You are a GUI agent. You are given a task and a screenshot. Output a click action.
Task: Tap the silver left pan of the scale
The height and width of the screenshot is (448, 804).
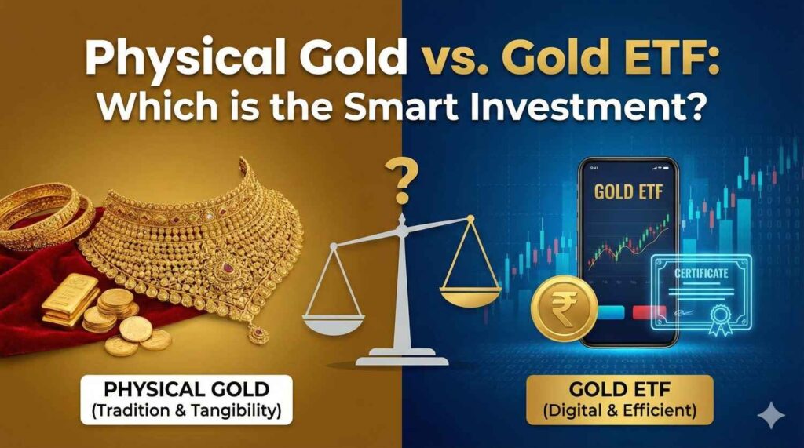pyautogui.click(x=333, y=324)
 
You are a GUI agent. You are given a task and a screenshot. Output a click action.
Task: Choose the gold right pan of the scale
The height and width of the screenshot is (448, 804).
pyautogui.click(x=470, y=297)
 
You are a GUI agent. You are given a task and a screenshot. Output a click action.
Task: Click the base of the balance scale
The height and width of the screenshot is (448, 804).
pyautogui.click(x=402, y=356)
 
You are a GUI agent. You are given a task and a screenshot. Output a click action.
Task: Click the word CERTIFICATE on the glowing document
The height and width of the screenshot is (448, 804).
pyautogui.click(x=701, y=273)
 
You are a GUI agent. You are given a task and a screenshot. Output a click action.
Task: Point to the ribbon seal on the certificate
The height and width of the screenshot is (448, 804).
pyautogui.click(x=721, y=319)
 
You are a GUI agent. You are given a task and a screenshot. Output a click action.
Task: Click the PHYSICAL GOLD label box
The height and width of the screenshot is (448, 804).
pyautogui.click(x=187, y=400)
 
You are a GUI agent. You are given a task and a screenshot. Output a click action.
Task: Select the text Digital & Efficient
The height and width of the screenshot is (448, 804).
pyautogui.click(x=619, y=410)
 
